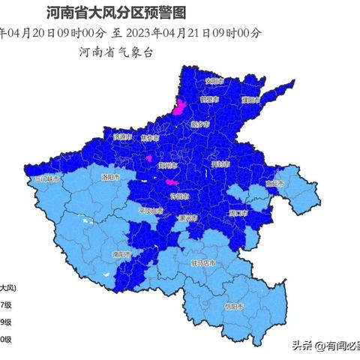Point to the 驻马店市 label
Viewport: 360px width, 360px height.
(202, 263)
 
